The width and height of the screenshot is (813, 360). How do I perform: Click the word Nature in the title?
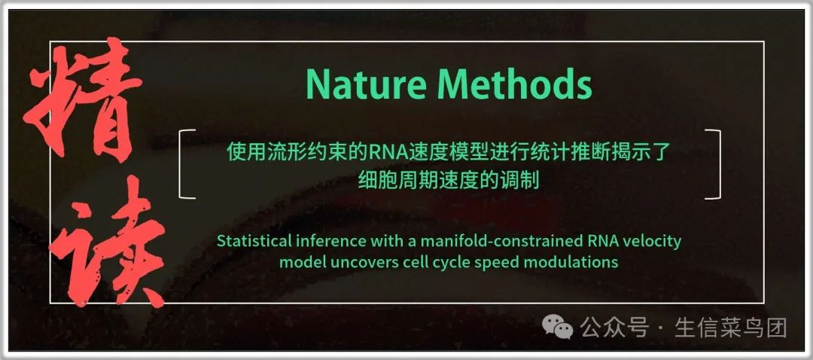point(366,84)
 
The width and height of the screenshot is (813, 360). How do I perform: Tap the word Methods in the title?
point(514,84)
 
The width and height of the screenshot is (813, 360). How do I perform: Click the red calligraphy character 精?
point(82,99)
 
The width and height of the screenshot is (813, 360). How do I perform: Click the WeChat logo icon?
point(557,328)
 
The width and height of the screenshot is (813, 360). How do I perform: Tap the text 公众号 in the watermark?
point(614,328)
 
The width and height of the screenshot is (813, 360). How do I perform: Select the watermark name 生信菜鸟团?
point(730,328)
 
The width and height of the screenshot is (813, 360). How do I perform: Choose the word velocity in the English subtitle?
point(656,243)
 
